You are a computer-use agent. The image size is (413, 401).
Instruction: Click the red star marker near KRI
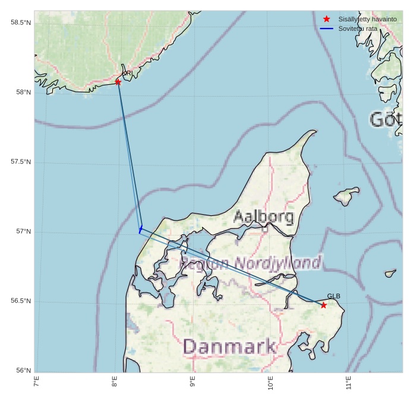tap(118, 82)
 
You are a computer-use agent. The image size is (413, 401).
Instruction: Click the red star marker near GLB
tap(323, 305)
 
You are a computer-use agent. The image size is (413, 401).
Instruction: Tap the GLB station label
tap(333, 297)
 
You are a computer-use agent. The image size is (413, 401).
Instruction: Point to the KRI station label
tap(127, 74)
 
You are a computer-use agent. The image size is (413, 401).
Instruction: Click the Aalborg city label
tap(263, 217)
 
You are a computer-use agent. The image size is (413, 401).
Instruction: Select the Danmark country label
tap(229, 346)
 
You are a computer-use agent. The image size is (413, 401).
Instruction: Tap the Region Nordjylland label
tap(250, 263)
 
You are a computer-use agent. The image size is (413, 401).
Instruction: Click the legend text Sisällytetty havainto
tap(367, 19)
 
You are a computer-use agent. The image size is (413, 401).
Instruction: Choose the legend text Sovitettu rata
tap(358, 28)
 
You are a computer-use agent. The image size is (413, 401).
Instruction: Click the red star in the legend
tap(326, 19)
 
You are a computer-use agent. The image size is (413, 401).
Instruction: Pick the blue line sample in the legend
tap(326, 28)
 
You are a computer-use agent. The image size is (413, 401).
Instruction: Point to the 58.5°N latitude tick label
tap(21, 23)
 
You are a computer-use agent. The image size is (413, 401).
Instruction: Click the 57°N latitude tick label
tap(23, 231)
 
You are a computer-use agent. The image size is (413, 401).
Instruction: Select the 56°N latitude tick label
tap(23, 371)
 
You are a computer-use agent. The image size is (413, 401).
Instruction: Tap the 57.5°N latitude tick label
tap(21, 162)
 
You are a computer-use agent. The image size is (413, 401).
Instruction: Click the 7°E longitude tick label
tap(37, 383)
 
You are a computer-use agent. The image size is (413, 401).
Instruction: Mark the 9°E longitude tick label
tap(193, 383)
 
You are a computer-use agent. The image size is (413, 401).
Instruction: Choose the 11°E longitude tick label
tap(348, 383)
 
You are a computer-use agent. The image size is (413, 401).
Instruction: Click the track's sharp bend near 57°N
tap(140, 229)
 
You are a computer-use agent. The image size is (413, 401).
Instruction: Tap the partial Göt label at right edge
tap(386, 120)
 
